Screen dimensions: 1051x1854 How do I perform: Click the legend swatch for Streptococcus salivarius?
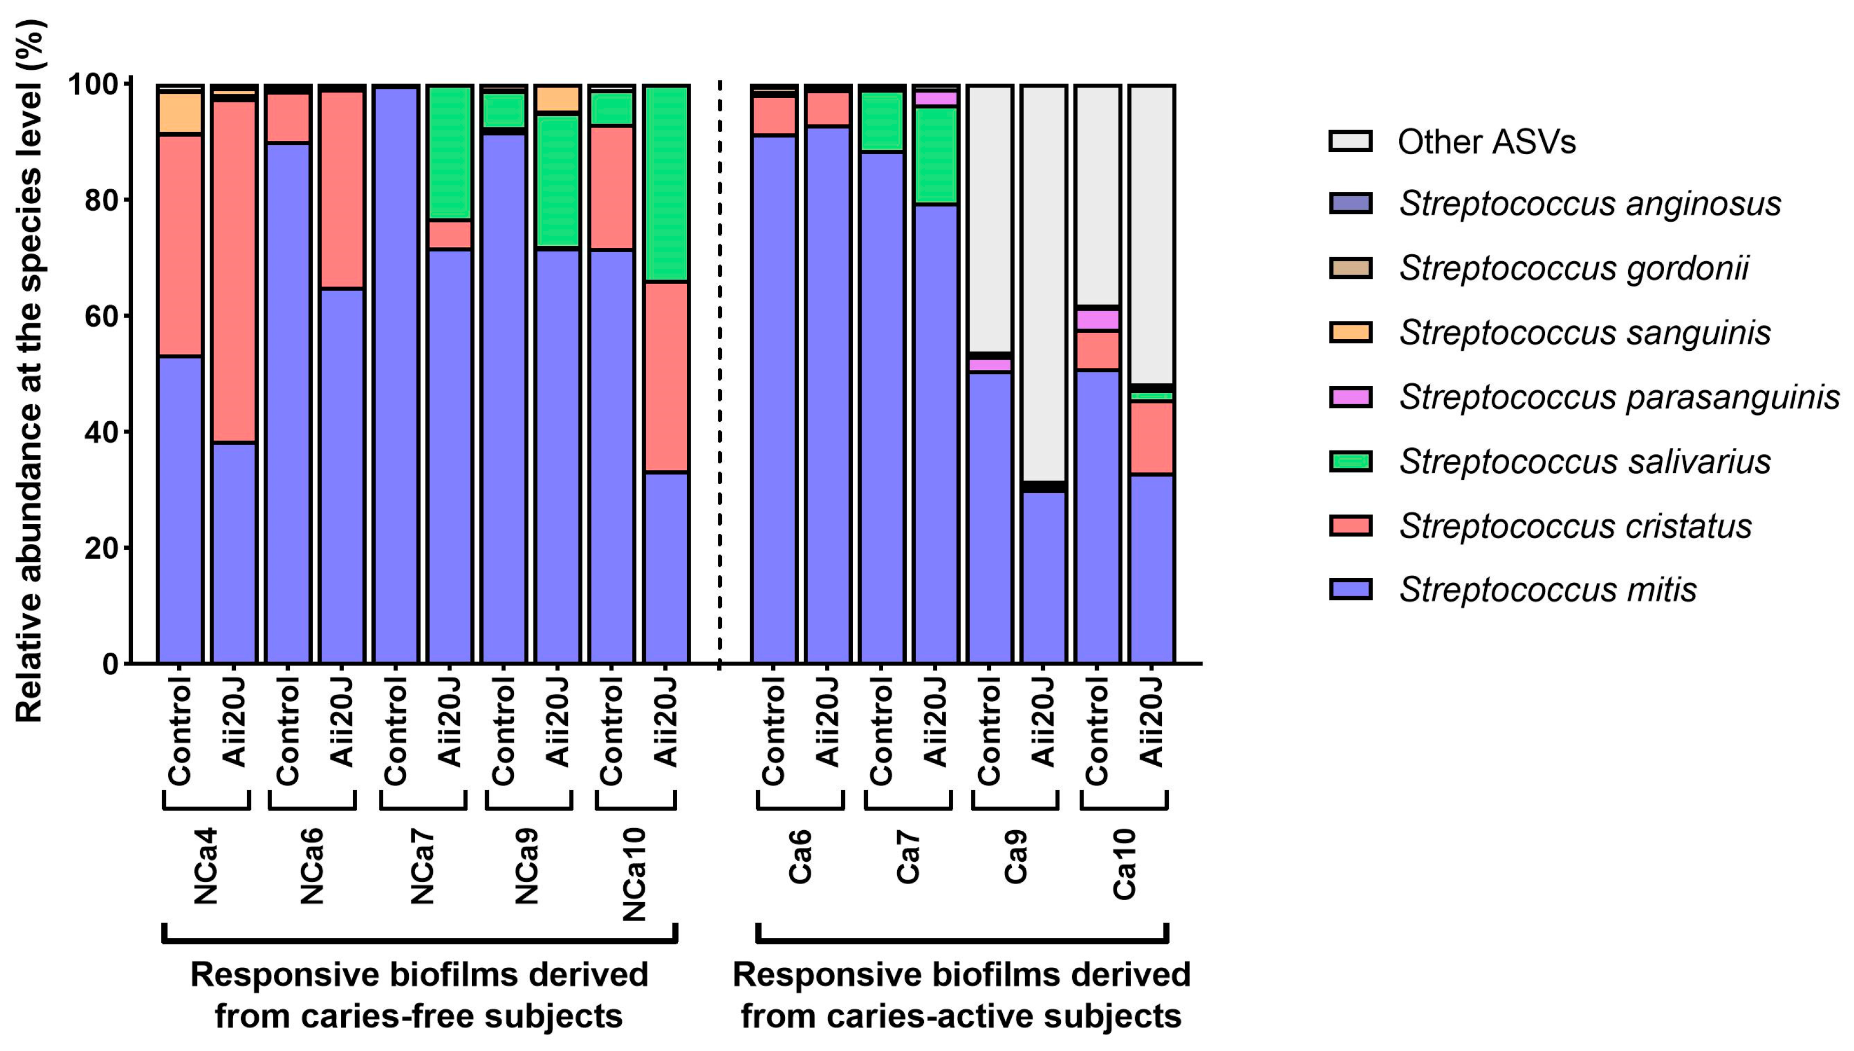(1349, 461)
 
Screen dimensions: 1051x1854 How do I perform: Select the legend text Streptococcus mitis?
(1547, 590)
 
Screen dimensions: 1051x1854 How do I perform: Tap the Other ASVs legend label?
(1486, 141)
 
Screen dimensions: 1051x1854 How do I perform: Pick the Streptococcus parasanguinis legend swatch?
(1349, 397)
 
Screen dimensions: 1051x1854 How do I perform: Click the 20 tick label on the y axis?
(100, 548)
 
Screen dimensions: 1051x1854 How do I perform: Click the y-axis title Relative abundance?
(30, 372)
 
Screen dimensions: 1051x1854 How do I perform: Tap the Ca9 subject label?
(1016, 857)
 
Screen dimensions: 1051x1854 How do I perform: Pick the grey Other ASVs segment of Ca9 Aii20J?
(1044, 282)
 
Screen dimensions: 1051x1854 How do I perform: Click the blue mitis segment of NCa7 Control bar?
(396, 375)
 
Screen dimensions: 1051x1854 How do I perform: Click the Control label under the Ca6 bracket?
(773, 731)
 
